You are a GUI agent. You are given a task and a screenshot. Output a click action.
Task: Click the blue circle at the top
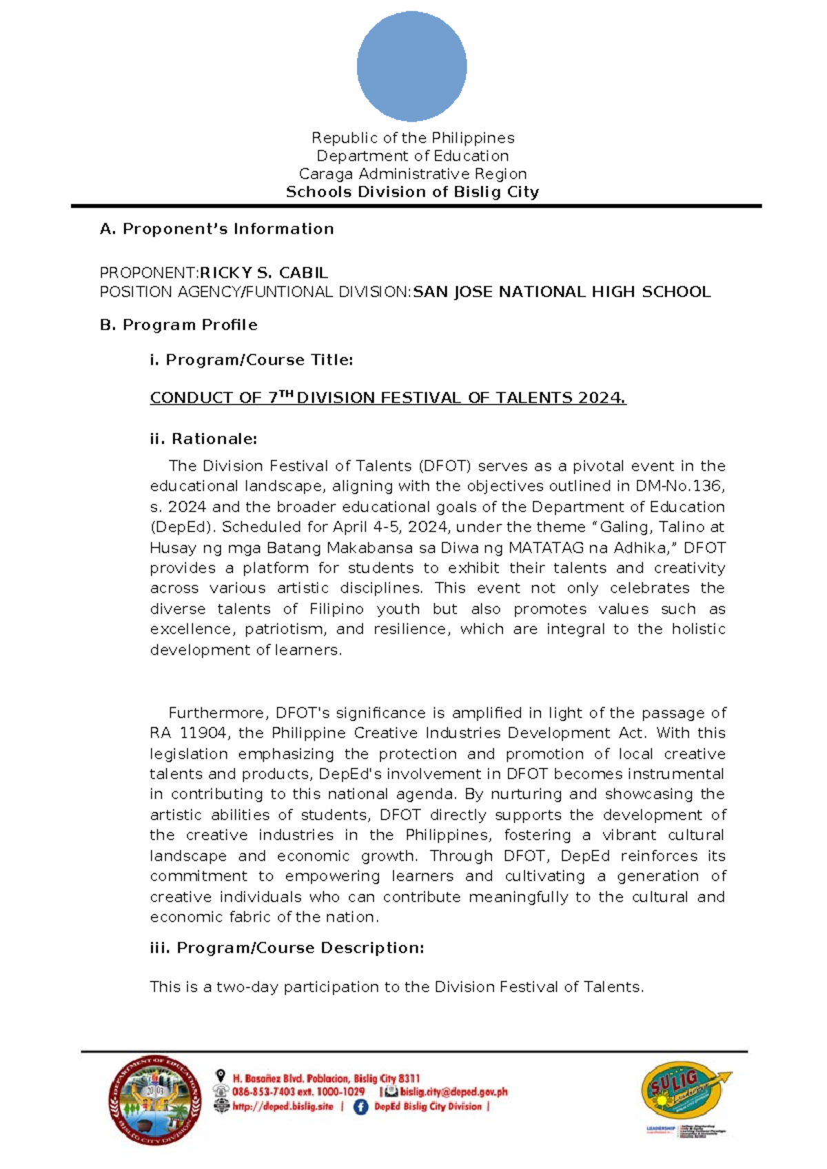tap(411, 66)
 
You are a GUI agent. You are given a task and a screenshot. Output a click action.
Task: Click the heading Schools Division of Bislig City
tap(412, 192)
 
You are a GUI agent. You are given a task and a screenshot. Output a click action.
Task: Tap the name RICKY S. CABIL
tap(263, 273)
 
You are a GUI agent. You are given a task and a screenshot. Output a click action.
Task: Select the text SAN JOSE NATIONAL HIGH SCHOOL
tap(561, 292)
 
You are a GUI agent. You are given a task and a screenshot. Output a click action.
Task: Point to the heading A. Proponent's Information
tap(216, 229)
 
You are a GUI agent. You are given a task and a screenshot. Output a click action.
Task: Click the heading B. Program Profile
tap(178, 325)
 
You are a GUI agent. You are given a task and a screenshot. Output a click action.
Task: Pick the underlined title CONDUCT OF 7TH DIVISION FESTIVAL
tap(387, 398)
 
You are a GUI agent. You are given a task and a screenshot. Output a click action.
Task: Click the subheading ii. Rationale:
tap(203, 438)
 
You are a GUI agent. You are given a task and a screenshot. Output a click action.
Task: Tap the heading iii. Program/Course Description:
tap(287, 948)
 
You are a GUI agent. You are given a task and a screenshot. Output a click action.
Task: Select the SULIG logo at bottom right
tap(685, 1092)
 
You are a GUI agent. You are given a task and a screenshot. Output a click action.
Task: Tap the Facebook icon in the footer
tap(360, 1107)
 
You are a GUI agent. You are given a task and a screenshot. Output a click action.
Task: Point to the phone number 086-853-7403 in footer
tap(265, 1092)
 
